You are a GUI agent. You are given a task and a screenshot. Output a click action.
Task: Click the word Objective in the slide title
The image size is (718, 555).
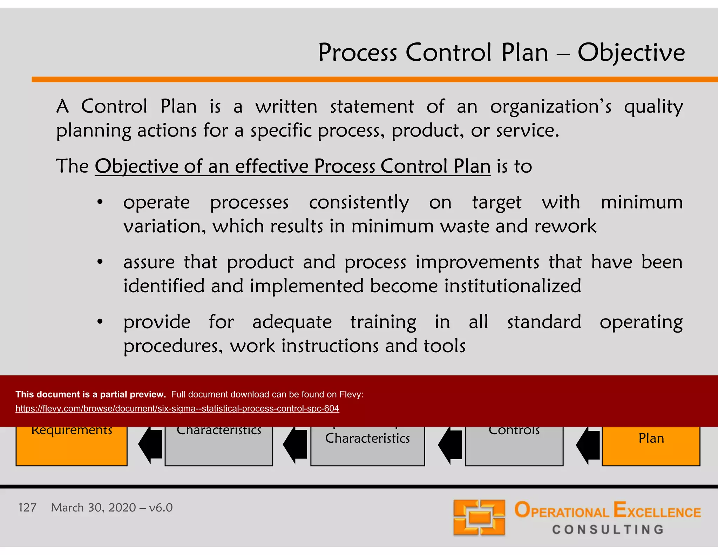tap(631, 53)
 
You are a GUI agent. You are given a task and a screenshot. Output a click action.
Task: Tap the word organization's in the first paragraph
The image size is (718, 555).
tap(551, 107)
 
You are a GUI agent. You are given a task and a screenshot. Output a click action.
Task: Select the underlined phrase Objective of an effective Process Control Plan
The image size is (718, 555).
tap(293, 166)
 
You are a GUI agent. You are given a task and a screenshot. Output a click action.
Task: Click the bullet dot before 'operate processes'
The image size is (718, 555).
tap(100, 202)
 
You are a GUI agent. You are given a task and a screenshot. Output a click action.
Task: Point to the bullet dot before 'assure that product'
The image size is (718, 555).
tap(100, 262)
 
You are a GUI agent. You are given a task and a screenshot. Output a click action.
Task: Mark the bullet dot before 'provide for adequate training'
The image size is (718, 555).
tap(100, 322)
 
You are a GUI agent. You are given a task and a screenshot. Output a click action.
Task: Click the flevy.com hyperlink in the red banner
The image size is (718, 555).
tap(177, 409)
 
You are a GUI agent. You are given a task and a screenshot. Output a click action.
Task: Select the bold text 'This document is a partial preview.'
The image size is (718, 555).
tap(90, 394)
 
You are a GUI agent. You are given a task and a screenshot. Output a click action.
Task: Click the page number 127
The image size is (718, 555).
tap(27, 508)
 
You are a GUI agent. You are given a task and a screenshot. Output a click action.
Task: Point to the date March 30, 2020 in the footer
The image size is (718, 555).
tap(93, 508)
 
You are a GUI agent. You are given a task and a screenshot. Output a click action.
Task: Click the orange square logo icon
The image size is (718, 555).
tap(479, 517)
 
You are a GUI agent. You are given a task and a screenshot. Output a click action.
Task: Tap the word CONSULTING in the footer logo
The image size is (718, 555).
tap(608, 529)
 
